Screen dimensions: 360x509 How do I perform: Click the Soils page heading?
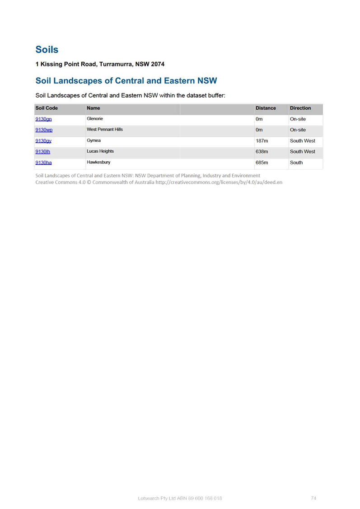(x=47, y=50)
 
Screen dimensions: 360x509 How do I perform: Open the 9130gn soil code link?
(x=43, y=119)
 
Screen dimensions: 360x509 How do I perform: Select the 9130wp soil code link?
(x=44, y=130)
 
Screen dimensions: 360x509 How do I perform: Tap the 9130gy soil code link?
(x=43, y=141)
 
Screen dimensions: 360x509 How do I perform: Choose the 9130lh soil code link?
(x=43, y=152)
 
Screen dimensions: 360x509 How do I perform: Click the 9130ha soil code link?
(x=43, y=163)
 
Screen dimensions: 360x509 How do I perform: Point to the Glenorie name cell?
(x=95, y=119)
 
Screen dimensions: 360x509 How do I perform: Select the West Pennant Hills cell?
(x=104, y=130)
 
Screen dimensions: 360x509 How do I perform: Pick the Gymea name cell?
(x=94, y=140)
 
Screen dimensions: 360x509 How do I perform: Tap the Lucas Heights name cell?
(x=100, y=151)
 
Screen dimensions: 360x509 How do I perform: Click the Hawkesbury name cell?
(x=98, y=162)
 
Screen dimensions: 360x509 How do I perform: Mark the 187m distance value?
(x=262, y=141)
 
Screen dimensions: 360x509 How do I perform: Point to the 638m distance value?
(x=262, y=152)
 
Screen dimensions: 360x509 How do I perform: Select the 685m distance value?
(x=262, y=163)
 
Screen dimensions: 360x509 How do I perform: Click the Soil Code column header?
(x=47, y=108)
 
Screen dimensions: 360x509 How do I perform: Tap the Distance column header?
(x=266, y=108)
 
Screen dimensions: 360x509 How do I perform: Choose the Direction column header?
(x=300, y=108)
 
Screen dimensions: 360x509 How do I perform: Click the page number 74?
(x=313, y=498)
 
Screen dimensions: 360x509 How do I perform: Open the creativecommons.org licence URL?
(x=219, y=182)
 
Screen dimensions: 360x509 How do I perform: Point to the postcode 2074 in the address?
(x=158, y=64)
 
